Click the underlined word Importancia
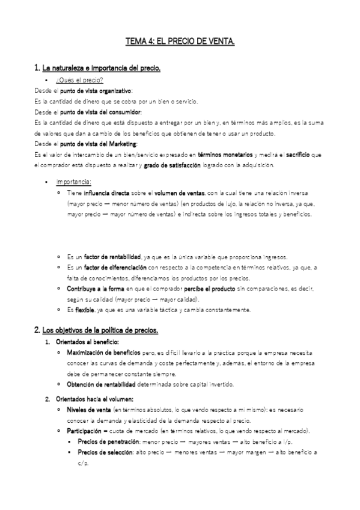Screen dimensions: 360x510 point(73,181)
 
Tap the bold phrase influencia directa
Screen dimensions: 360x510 point(105,192)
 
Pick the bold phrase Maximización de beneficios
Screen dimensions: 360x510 point(104,353)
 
